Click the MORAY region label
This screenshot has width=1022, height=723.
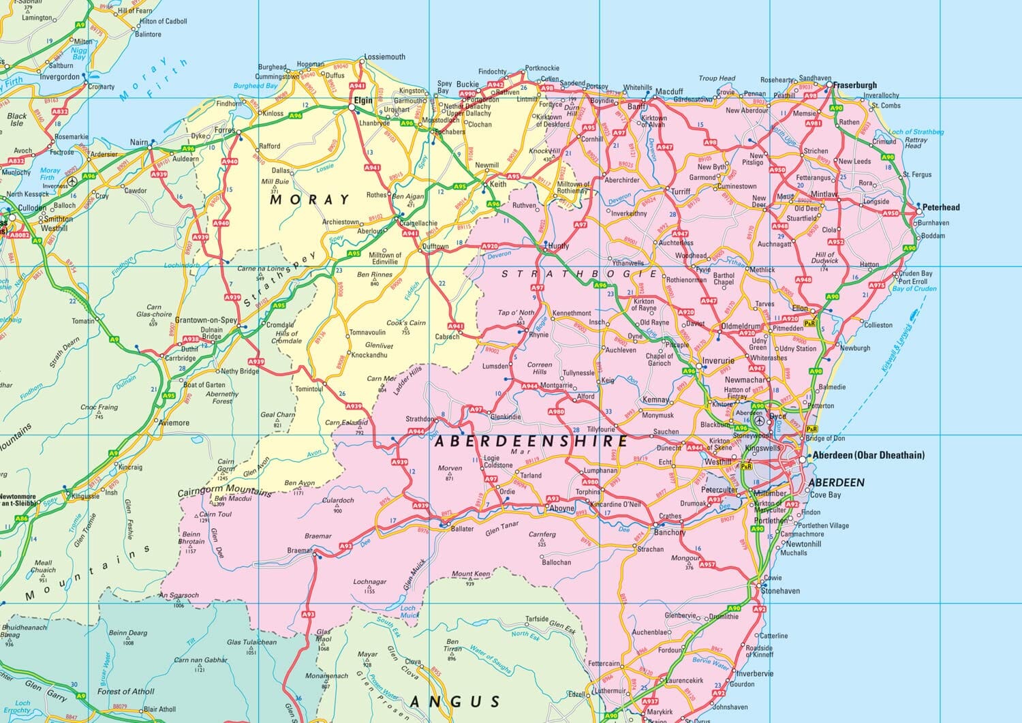pyautogui.click(x=309, y=200)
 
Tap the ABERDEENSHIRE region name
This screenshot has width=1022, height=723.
pyautogui.click(x=531, y=442)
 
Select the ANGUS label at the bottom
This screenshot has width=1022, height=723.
pyautogui.click(x=455, y=701)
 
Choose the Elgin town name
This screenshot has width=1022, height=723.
pyautogui.click(x=362, y=100)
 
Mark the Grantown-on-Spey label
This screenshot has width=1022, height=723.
pyautogui.click(x=206, y=320)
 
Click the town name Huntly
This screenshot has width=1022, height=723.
pyautogui.click(x=558, y=246)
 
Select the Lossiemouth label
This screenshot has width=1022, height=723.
pyautogui.click(x=384, y=57)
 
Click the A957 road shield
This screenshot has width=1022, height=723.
pyautogui.click(x=707, y=564)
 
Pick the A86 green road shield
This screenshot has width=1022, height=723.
pyautogui.click(x=22, y=519)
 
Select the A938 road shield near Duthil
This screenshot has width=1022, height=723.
pyautogui.click(x=190, y=339)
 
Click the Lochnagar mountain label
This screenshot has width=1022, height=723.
pyautogui.click(x=369, y=583)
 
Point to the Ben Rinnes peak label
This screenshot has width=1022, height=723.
pyautogui.click(x=374, y=275)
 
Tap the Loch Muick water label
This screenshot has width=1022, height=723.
pyautogui.click(x=408, y=612)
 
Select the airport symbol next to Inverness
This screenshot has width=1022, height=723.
pyautogui.click(x=73, y=182)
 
